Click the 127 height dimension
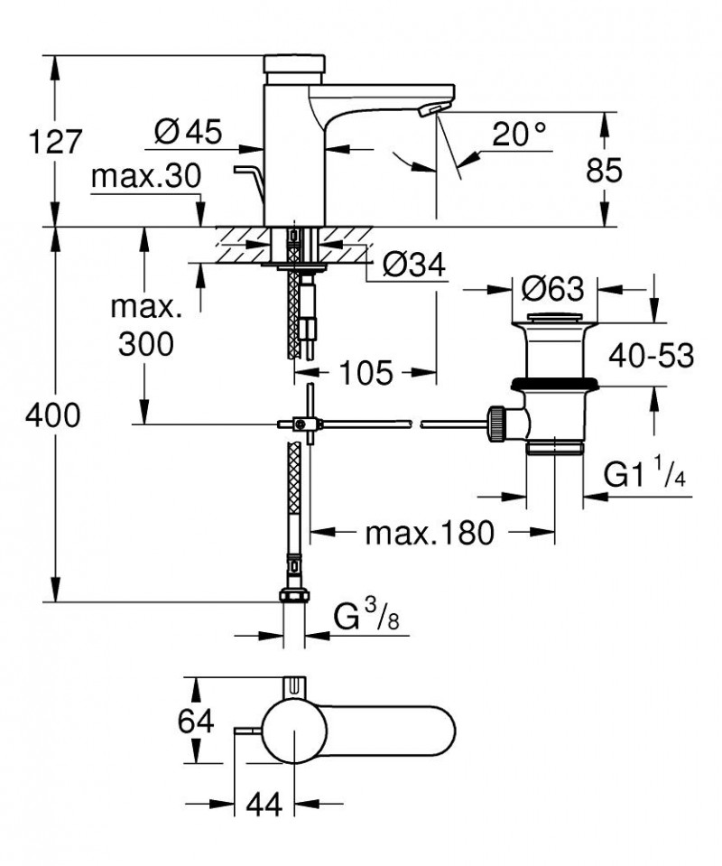(55, 142)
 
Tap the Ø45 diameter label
(189, 132)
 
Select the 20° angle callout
(519, 134)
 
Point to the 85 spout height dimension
(604, 170)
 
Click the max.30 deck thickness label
(146, 176)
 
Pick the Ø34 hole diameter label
(414, 265)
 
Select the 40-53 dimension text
(652, 355)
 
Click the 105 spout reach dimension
(366, 373)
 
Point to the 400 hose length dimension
(53, 414)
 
